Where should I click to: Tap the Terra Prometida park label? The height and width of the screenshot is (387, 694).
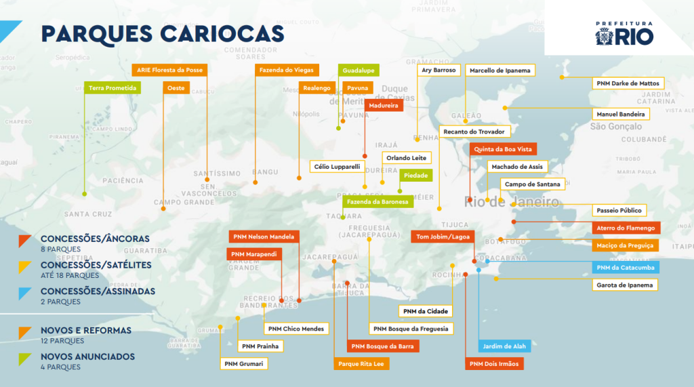tap(113, 88)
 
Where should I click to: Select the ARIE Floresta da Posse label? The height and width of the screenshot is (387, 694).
tap(169, 70)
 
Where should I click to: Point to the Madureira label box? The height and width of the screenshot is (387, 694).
tap(384, 105)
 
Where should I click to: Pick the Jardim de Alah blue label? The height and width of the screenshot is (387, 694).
tap(506, 346)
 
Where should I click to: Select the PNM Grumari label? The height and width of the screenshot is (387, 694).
tap(244, 363)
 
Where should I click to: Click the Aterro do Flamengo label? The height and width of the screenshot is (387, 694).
tap(625, 228)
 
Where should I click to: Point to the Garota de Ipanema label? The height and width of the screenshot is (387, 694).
tap(625, 285)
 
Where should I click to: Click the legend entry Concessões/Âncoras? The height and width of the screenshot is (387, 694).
tap(95, 239)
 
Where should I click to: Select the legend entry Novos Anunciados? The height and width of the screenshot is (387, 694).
tap(87, 357)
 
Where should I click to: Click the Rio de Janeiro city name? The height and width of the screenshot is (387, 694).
tap(512, 202)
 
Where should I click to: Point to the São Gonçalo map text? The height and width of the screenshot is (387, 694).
tap(615, 126)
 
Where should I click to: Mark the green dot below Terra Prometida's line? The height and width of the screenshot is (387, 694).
tap(85, 194)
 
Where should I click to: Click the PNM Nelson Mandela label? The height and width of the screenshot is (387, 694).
tap(263, 237)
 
